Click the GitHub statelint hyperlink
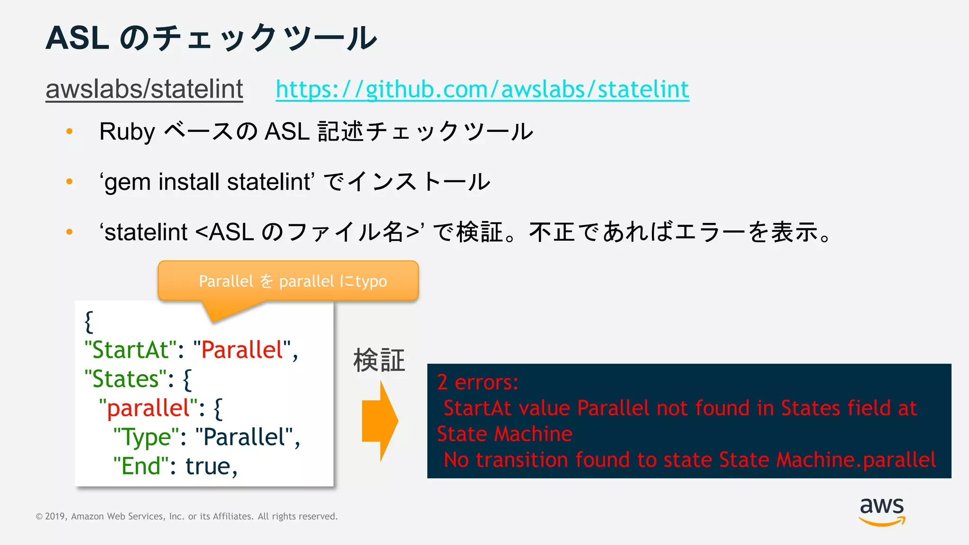(x=482, y=89)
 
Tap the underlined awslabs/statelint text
(x=144, y=89)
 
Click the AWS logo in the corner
(x=881, y=511)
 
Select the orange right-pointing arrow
(x=379, y=421)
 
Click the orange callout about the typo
(x=288, y=281)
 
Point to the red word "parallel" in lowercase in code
(x=148, y=408)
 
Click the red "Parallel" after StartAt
(x=242, y=350)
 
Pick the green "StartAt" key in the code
(x=131, y=350)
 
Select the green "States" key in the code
(x=125, y=379)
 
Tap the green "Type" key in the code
(x=146, y=437)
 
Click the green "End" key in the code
(x=141, y=466)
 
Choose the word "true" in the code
(x=208, y=466)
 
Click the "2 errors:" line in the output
(x=477, y=382)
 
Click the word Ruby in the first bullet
(x=127, y=132)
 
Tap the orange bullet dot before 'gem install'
(x=70, y=182)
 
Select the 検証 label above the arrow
(x=379, y=360)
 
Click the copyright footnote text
(x=187, y=516)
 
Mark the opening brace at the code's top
(x=89, y=322)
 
